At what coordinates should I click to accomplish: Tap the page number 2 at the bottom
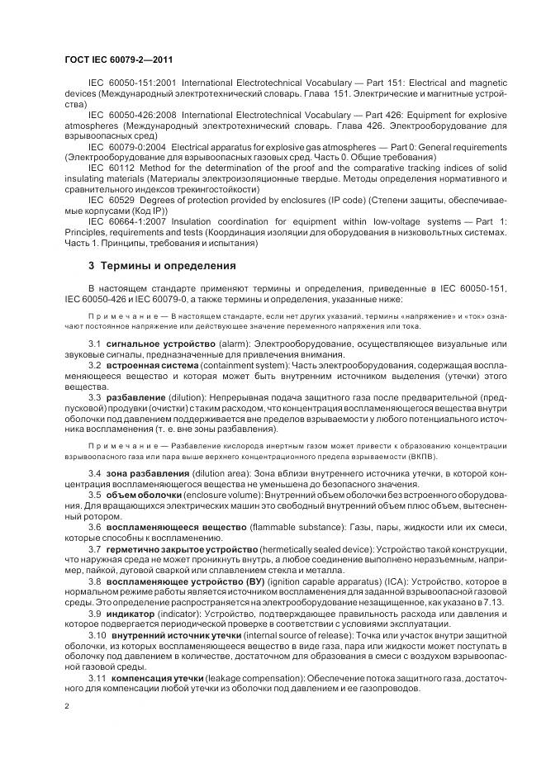point(66,706)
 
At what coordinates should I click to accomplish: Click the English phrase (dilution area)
point(226,472)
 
